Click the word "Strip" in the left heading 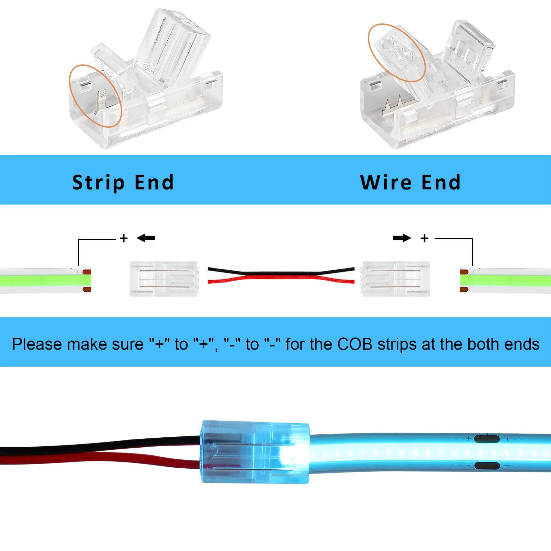click(x=98, y=183)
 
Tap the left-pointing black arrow click(x=146, y=238)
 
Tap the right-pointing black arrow click(x=402, y=238)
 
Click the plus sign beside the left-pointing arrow click(x=124, y=238)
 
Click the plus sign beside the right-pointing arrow click(x=425, y=238)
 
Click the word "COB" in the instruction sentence click(x=354, y=344)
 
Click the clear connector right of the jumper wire click(x=395, y=279)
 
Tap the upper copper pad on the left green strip click(x=87, y=272)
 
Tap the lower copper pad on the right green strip click(x=464, y=289)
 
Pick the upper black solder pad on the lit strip click(x=487, y=439)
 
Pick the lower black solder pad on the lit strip click(x=487, y=466)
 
